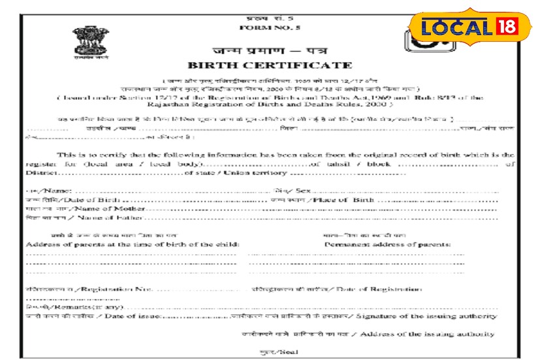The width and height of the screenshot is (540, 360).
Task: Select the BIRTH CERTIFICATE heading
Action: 269,65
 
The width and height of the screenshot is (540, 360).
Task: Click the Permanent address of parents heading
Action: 387,244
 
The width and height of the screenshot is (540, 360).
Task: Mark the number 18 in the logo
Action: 506,28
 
